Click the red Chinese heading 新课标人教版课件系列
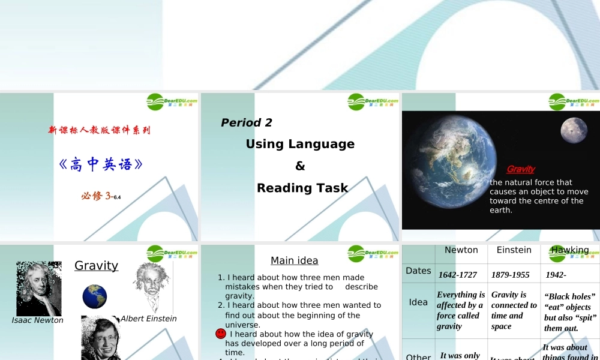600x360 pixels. (x=99, y=130)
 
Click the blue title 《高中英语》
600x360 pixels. (x=101, y=164)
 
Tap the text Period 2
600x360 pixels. (x=247, y=122)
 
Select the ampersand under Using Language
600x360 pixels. (x=300, y=166)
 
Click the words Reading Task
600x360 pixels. (x=302, y=188)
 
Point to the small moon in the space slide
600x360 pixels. (x=574, y=130)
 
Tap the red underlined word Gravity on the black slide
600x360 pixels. (x=520, y=169)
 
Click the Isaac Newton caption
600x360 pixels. (x=37, y=320)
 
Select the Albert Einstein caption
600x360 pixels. (x=149, y=319)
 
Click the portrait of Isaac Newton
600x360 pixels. (x=38, y=289)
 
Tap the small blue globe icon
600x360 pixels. (x=95, y=297)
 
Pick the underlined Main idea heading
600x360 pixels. (x=294, y=260)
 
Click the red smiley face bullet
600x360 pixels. (x=221, y=334)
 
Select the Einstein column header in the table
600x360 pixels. (x=514, y=250)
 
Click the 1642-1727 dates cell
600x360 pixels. (x=458, y=275)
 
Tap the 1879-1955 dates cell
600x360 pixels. (x=510, y=275)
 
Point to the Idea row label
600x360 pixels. (x=418, y=302)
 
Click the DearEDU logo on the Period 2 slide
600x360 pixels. (x=373, y=101)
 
